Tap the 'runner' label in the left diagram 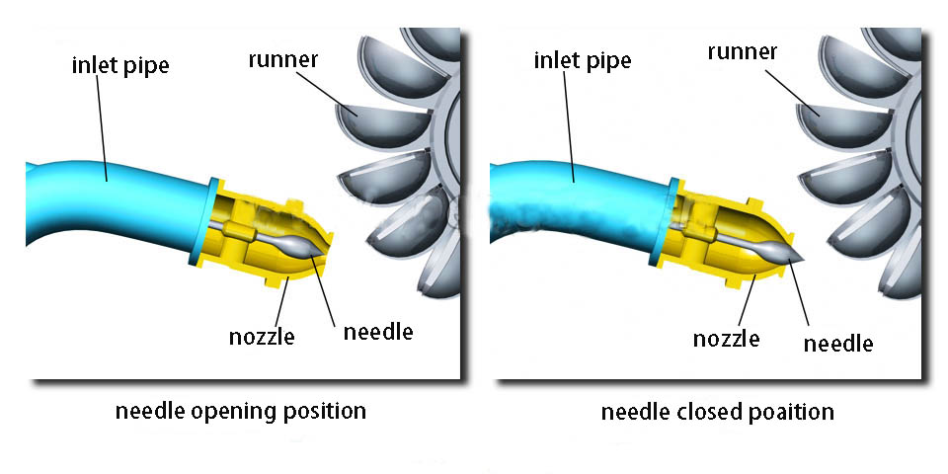pyautogui.click(x=281, y=59)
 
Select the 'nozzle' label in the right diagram pyautogui.click(x=726, y=339)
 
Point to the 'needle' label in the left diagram pyautogui.click(x=378, y=332)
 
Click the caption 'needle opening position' pyautogui.click(x=241, y=410)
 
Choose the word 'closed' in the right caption pyautogui.click(x=705, y=411)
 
